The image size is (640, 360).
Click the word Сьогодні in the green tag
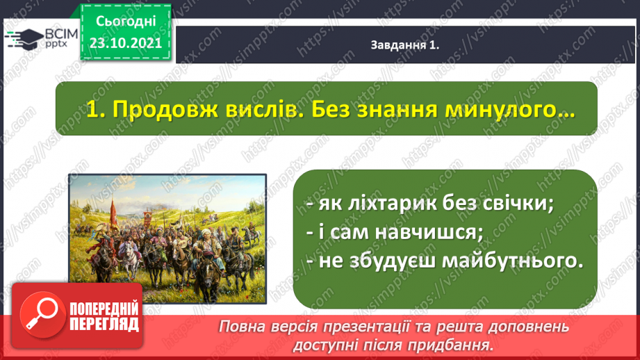pos(126,22)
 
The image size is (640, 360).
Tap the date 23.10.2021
pos(126,43)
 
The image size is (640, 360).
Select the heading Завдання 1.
pos(404,45)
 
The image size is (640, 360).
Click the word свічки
pos(518,203)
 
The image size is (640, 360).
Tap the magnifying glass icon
pos(42,315)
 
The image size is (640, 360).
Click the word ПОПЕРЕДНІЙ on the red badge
pos(104,309)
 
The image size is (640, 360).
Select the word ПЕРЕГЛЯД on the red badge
pos(104,325)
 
